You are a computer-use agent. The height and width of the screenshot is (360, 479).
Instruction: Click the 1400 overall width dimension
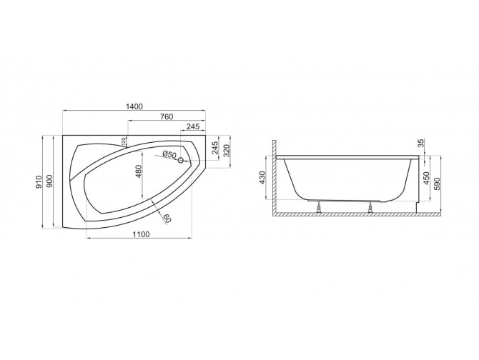[134, 106]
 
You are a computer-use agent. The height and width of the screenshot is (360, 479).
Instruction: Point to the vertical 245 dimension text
[215, 148]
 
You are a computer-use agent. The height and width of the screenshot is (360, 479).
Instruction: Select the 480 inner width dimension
[140, 172]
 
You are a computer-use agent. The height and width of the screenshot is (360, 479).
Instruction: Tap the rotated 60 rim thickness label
[167, 218]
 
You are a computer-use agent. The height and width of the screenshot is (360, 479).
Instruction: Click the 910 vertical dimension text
[40, 182]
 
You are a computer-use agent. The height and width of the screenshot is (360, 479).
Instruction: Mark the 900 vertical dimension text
[50, 182]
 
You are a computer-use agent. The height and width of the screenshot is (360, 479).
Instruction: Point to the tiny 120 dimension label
[124, 141]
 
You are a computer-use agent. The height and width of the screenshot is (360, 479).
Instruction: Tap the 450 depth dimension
[427, 177]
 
